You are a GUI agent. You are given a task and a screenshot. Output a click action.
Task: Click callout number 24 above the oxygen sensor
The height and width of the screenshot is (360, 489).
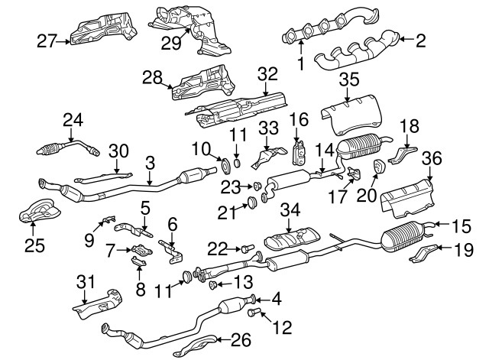[73, 119]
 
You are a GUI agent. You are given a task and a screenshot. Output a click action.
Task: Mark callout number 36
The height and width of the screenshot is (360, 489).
[432, 158]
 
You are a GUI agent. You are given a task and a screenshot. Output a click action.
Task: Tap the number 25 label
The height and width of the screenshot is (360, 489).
[34, 246]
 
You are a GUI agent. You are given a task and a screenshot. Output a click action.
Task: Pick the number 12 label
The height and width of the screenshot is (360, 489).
[282, 329]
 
